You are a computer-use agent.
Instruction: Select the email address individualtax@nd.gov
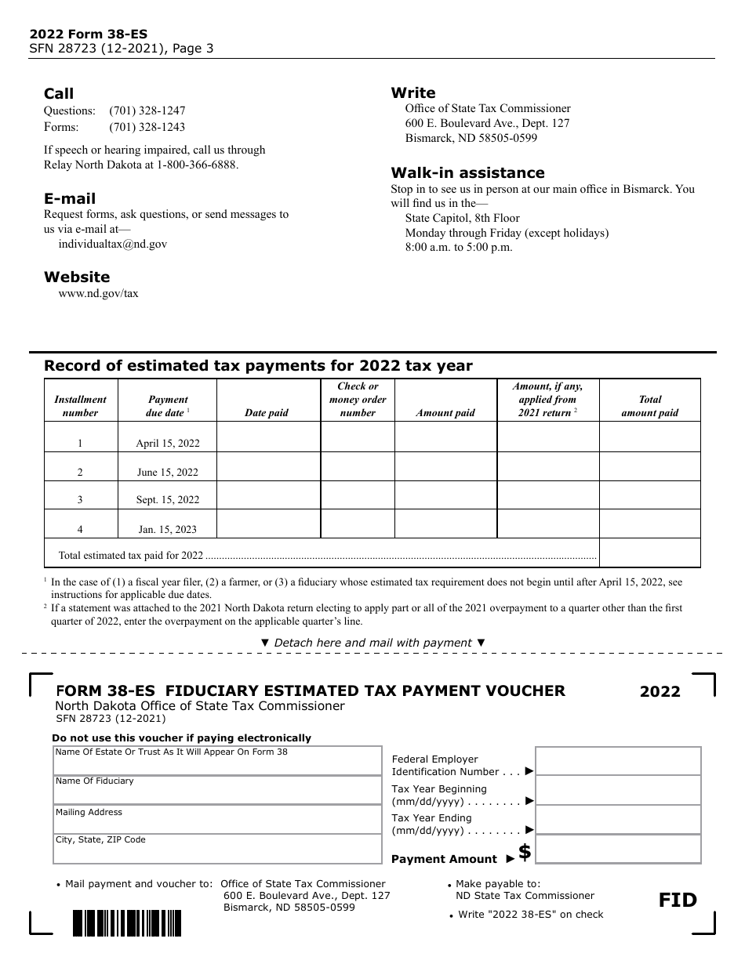click(113, 244)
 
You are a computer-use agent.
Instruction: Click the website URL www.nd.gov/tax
click(98, 293)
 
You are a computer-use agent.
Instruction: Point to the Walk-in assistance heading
click(467, 172)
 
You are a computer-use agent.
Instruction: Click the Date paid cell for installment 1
click(268, 437)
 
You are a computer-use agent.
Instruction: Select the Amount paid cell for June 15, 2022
click(445, 466)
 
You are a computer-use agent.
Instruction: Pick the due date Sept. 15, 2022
click(168, 500)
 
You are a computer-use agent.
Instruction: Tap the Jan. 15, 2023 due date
click(168, 529)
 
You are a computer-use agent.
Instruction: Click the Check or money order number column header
click(358, 399)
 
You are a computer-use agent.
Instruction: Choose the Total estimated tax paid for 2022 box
click(649, 553)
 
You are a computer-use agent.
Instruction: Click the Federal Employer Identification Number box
click(618, 761)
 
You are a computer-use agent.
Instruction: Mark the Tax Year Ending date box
click(618, 820)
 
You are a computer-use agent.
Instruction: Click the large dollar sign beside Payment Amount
click(525, 852)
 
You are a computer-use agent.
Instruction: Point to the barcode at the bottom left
click(126, 922)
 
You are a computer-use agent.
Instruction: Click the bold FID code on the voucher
click(678, 900)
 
